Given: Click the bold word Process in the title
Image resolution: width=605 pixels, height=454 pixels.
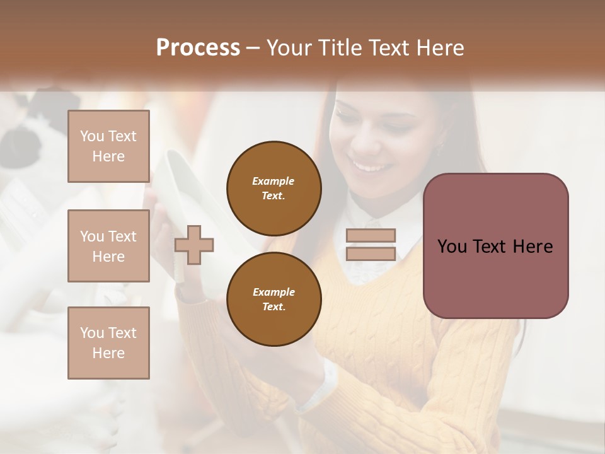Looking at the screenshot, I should [x=198, y=48].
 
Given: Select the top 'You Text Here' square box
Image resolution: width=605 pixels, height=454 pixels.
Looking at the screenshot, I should [x=108, y=146].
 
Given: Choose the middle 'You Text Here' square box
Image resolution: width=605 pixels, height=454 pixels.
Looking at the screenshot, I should [x=108, y=246].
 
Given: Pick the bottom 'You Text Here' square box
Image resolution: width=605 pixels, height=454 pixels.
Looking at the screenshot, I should [x=108, y=342].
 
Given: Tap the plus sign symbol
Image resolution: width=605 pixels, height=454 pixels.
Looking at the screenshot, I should [x=194, y=244].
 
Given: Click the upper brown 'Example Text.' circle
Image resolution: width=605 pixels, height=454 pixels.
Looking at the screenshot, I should [x=274, y=188].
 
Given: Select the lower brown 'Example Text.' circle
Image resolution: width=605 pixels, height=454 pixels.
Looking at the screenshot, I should [x=274, y=299].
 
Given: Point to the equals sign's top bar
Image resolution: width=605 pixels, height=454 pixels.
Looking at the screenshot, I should [x=371, y=236].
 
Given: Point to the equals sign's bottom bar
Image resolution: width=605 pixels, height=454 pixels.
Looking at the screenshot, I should [x=371, y=253].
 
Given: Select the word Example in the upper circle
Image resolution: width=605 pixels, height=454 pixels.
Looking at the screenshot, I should [x=274, y=181].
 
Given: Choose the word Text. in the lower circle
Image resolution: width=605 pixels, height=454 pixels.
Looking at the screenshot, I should [x=274, y=306].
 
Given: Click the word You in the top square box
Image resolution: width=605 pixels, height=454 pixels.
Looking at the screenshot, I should [x=91, y=136].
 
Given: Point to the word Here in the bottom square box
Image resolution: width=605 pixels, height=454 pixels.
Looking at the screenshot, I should [x=108, y=353].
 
